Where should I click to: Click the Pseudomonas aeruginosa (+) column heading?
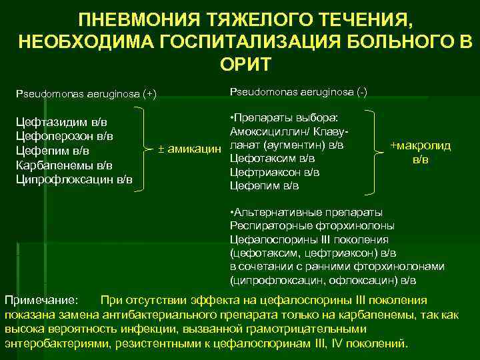86,93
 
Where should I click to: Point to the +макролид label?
421,146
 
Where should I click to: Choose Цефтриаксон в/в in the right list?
274,172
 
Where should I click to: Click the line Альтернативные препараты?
305,213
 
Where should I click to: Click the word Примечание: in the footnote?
42,300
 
